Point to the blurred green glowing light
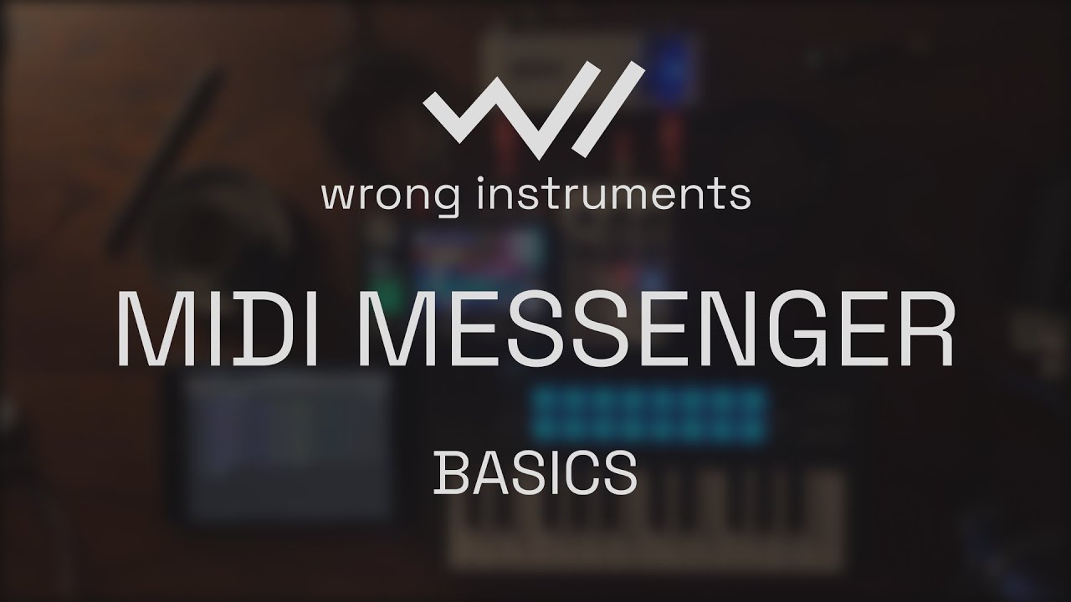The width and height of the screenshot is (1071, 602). pyautogui.click(x=386, y=276)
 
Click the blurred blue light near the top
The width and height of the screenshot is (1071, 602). pyautogui.click(x=676, y=59)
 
